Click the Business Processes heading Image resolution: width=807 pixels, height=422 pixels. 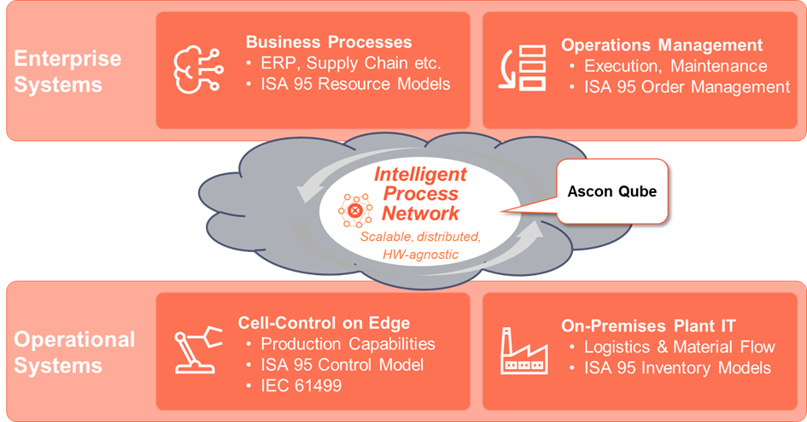tap(329, 42)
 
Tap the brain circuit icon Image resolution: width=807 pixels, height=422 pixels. tap(198, 70)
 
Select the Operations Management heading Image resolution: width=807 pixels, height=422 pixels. tap(662, 45)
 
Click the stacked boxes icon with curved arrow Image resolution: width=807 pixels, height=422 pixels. tap(523, 68)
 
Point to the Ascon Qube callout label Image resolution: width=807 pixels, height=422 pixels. tap(612, 191)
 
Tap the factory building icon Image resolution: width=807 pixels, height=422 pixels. tap(524, 350)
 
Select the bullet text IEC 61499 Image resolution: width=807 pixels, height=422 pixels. tap(301, 385)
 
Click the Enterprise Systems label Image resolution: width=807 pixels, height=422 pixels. tap(67, 72)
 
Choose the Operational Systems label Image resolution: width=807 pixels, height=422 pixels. tap(74, 353)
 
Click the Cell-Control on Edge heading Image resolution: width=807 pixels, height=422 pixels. tap(324, 323)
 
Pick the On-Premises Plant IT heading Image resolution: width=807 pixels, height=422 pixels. tap(648, 325)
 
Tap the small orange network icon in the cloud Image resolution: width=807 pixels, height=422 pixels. tap(355, 210)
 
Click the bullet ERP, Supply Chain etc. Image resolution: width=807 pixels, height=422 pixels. tap(351, 62)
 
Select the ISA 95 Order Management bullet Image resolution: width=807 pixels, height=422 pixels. tap(687, 87)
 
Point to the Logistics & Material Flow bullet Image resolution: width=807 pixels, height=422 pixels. tap(680, 347)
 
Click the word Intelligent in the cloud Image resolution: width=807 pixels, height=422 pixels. tap(420, 174)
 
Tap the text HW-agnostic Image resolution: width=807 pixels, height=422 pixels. tap(420, 255)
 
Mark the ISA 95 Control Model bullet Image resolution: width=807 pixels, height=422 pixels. tap(342, 365)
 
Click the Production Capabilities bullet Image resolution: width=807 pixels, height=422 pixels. tap(348, 343)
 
